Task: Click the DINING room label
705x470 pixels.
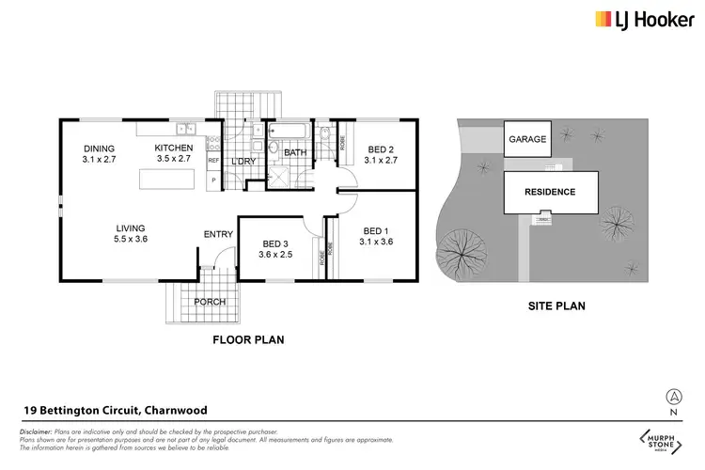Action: pos(98,149)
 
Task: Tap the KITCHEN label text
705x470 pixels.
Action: pos(174,149)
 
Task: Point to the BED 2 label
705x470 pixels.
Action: pos(380,149)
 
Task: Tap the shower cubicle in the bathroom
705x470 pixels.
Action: pos(279,174)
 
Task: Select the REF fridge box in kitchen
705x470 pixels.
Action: pos(213,161)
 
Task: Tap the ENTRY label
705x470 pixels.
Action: pos(218,235)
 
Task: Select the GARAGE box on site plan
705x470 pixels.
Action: pos(527,140)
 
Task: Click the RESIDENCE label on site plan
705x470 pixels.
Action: pos(550,192)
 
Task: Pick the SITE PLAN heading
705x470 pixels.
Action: pos(549,306)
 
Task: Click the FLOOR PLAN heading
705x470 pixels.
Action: pos(248,339)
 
